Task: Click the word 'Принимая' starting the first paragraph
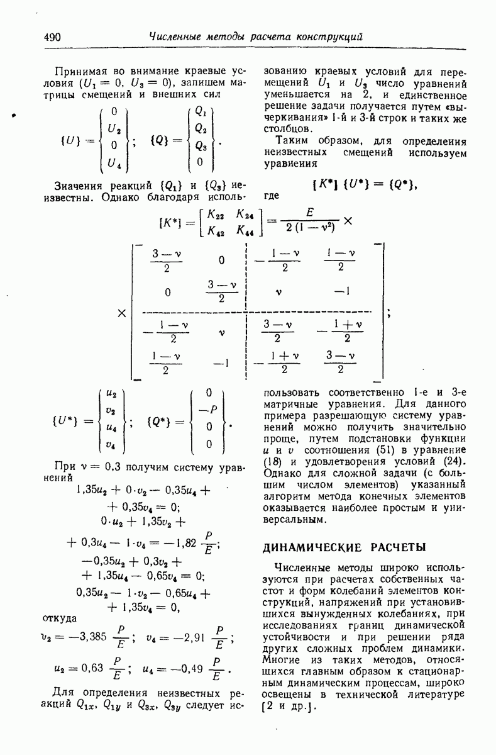[x=76, y=70]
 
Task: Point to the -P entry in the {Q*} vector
[x=209, y=410]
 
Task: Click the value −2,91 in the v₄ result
[x=187, y=638]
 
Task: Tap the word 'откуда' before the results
[x=59, y=619]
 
